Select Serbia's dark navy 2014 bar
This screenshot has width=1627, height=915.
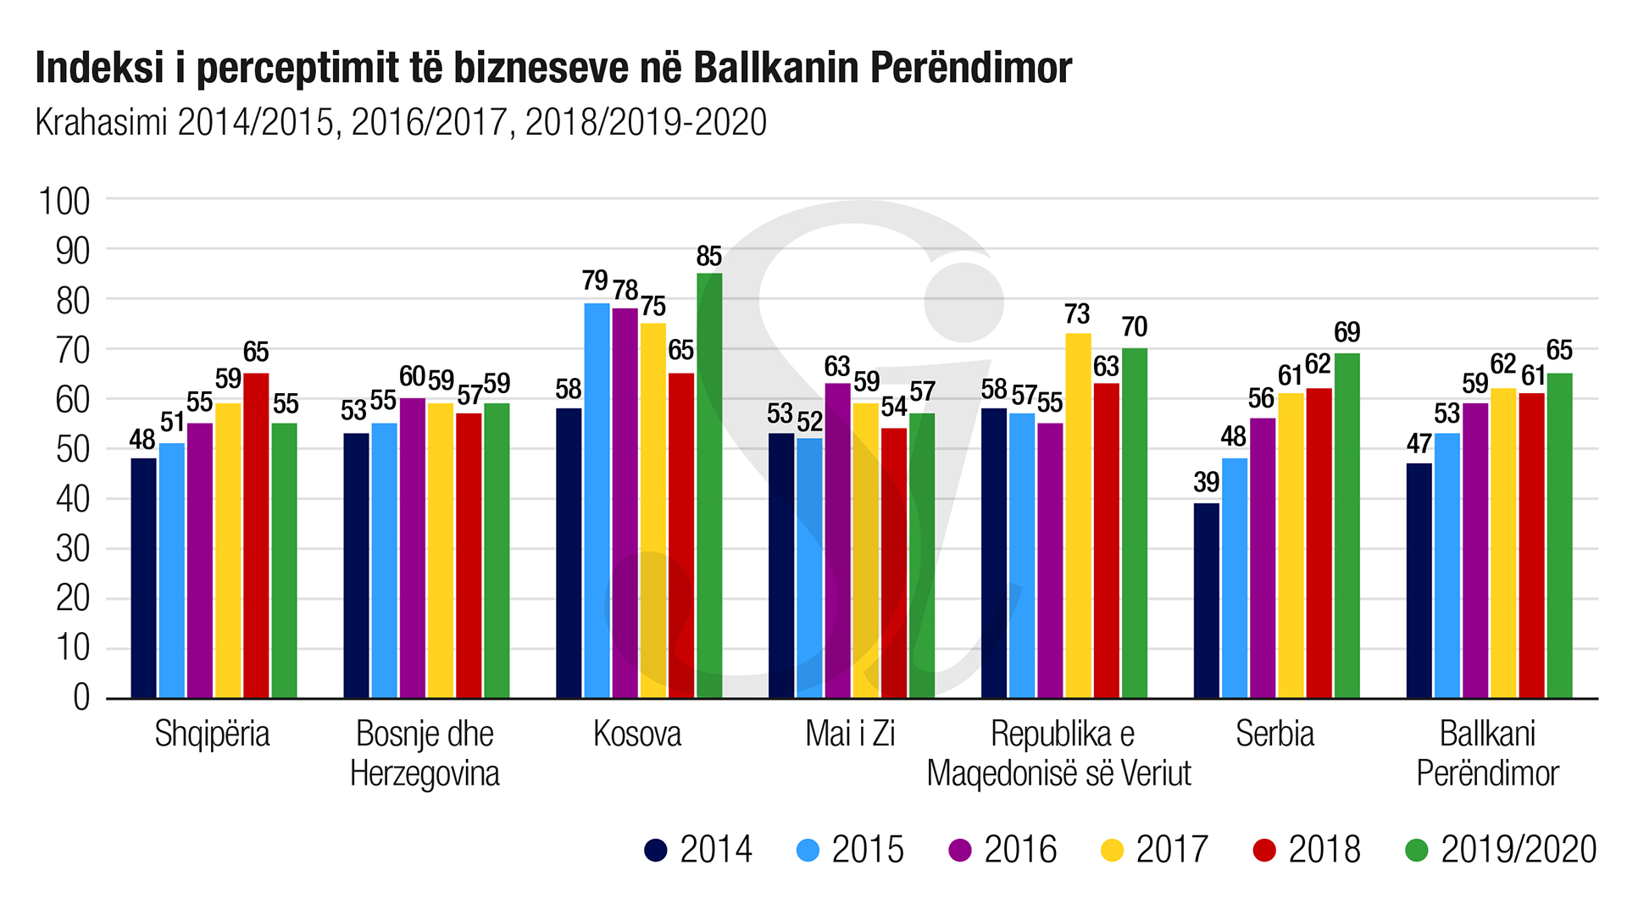[1206, 601]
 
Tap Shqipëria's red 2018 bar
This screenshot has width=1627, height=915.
[256, 535]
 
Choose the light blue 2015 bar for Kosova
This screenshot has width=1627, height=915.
[597, 501]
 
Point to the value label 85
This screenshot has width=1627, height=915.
[709, 257]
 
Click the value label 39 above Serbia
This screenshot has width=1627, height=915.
[1206, 483]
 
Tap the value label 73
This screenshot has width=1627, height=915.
[1077, 314]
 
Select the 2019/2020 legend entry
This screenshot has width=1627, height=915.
[1501, 850]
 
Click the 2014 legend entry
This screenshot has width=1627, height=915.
[698, 850]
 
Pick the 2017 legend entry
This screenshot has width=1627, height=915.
[1154, 850]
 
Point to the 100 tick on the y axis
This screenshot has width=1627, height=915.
[64, 202]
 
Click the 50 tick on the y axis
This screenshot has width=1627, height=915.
[73, 450]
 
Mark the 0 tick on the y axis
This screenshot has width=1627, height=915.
[81, 698]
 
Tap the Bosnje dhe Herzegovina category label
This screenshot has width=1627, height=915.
[425, 753]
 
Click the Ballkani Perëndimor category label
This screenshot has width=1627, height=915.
[1487, 753]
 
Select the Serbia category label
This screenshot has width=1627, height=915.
[1274, 734]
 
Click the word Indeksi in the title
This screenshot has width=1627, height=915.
[99, 68]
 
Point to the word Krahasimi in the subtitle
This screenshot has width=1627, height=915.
[102, 123]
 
